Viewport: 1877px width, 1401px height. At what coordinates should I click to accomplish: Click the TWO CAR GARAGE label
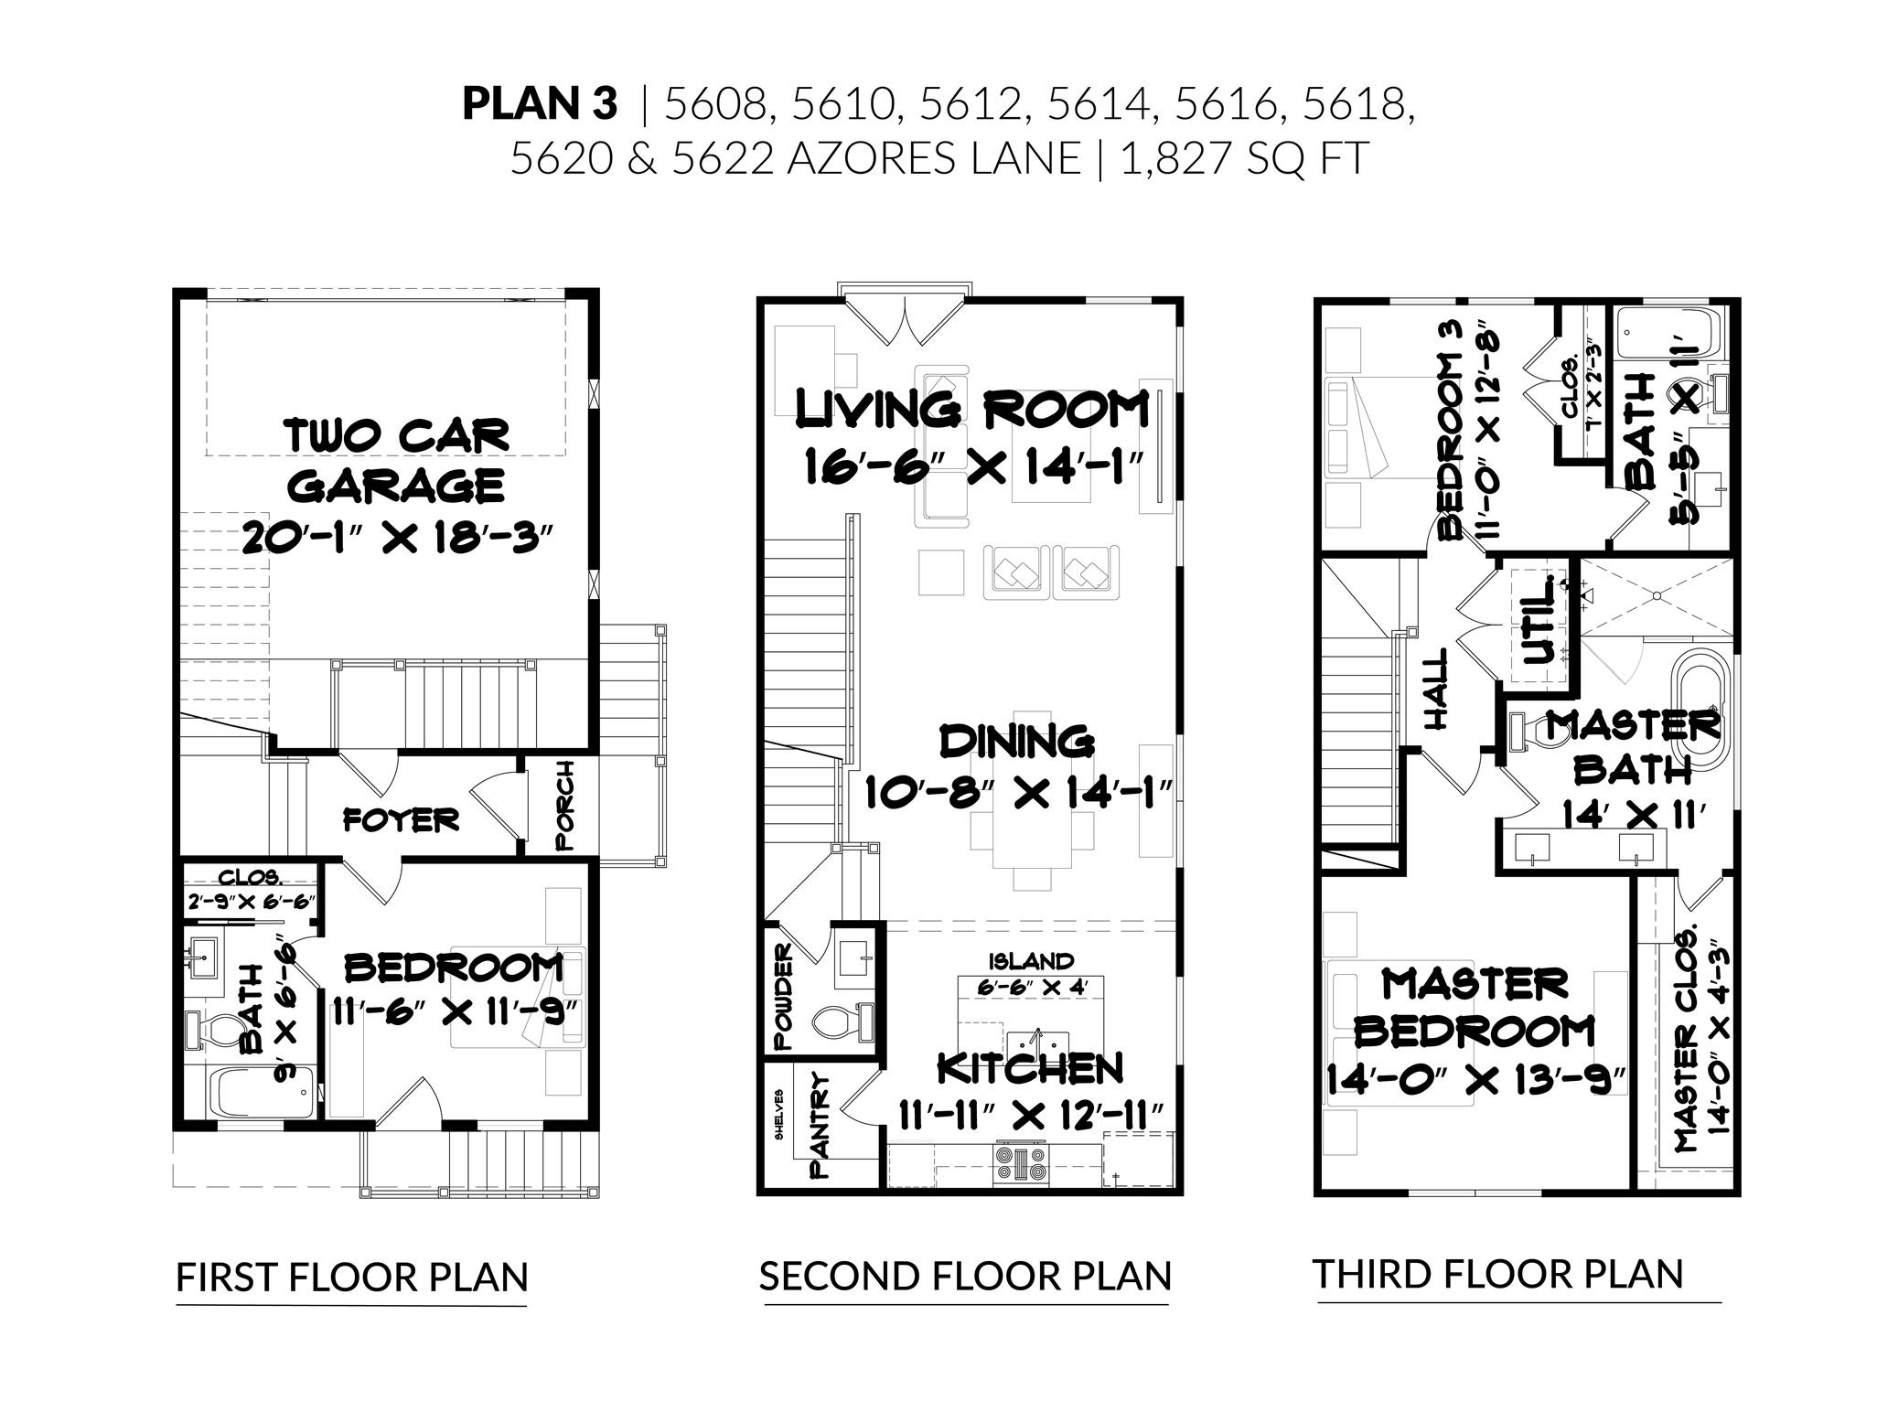pyautogui.click(x=398, y=460)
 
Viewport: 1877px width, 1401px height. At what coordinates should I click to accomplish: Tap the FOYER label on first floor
pyautogui.click(x=401, y=819)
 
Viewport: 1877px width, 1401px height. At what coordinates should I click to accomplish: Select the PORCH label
pyautogui.click(x=564, y=806)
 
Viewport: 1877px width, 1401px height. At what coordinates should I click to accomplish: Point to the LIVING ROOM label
pyautogui.click(x=972, y=410)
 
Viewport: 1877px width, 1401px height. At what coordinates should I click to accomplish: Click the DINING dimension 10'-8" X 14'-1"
pyautogui.click(x=1018, y=793)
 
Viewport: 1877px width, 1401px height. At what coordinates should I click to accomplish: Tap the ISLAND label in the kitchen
pyautogui.click(x=1030, y=961)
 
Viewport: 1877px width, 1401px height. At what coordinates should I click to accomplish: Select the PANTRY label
pyautogui.click(x=820, y=1126)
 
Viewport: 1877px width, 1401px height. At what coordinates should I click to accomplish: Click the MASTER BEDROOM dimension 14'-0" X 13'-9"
pyautogui.click(x=1475, y=1081)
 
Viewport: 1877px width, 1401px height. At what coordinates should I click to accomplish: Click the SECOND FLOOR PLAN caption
pyautogui.click(x=965, y=1276)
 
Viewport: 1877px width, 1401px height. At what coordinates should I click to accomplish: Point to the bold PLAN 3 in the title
pyautogui.click(x=540, y=104)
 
